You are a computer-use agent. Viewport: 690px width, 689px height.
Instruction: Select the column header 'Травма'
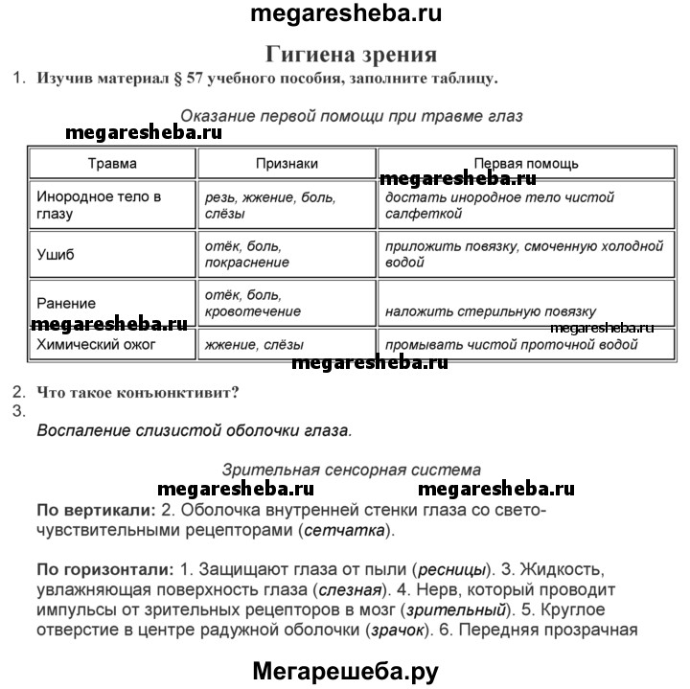coord(112,163)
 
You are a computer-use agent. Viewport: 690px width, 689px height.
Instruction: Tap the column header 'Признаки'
coord(287,163)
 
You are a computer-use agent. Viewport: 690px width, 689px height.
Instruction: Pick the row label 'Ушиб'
coord(55,255)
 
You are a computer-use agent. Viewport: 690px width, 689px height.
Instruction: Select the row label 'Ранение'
coord(66,303)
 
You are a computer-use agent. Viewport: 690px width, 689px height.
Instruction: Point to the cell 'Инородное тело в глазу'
coord(99,205)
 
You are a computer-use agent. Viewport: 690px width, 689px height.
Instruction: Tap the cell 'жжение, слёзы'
coord(255,344)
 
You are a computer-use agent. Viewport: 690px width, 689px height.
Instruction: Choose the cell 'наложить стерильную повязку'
coord(490,311)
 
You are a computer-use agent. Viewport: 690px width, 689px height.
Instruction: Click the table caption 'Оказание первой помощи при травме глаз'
coord(351,116)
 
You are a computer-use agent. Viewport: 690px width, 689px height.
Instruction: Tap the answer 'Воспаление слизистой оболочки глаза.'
coord(195,430)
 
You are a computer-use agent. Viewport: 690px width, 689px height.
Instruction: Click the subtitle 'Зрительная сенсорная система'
coord(351,470)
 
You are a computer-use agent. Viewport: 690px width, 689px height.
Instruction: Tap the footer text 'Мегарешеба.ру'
coord(345,672)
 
